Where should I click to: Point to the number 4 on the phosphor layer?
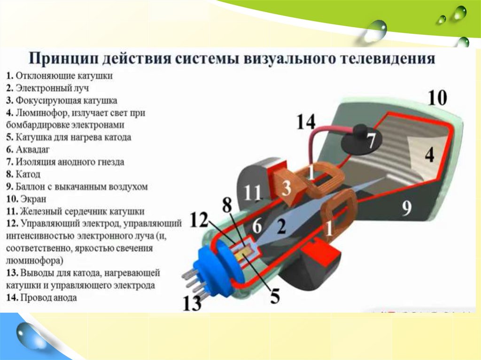(x=429, y=154)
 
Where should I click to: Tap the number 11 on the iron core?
(x=252, y=193)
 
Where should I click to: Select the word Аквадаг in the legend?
(x=33, y=150)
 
